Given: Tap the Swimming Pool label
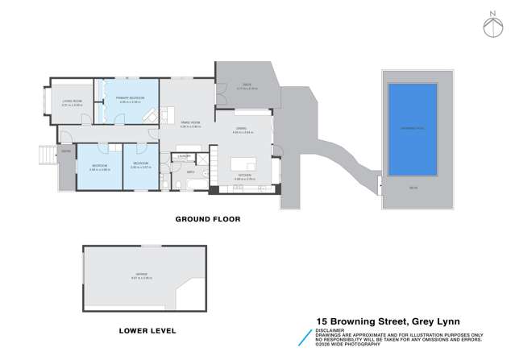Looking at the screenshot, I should (x=412, y=127).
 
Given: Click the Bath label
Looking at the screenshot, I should (x=191, y=172).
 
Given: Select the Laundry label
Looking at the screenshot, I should (x=184, y=155).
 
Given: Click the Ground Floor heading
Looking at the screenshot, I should (x=208, y=219).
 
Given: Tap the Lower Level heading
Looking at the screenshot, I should (x=147, y=330).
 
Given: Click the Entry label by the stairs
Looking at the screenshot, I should (x=66, y=151).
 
